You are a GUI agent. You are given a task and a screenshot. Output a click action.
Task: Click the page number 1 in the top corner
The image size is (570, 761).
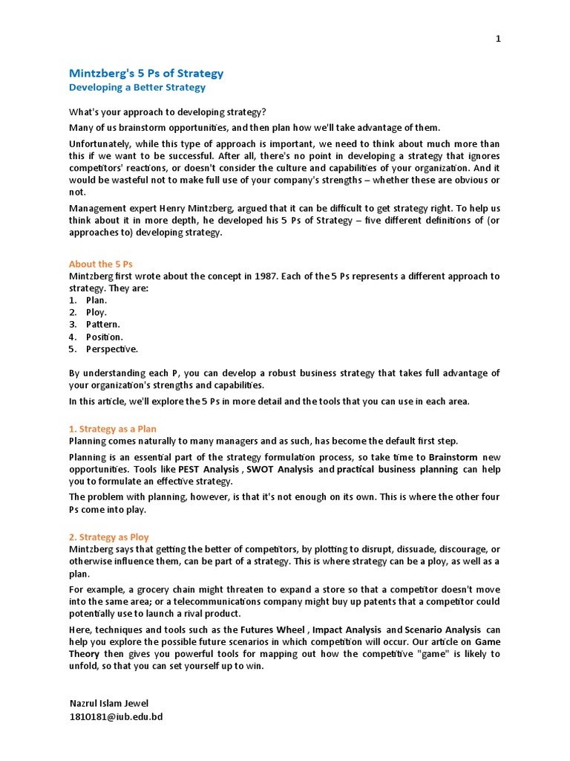point(499,39)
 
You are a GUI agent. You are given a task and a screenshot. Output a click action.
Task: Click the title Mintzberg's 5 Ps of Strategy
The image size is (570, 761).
point(145,74)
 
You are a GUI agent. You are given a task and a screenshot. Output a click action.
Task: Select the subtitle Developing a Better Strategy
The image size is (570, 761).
point(137,88)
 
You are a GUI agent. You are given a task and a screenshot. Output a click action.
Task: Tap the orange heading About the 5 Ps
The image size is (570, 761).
point(100,264)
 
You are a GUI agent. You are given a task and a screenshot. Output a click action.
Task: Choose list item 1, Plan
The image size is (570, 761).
point(96,300)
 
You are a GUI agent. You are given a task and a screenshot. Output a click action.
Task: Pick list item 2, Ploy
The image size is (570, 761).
point(96,312)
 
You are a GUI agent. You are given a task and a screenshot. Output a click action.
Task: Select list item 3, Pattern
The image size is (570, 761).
point(102,324)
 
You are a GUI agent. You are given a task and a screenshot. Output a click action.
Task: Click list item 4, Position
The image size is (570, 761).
point(104,337)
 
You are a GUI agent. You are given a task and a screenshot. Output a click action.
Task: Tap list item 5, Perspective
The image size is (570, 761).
point(111,349)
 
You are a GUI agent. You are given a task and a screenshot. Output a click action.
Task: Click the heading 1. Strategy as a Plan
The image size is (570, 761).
point(113,429)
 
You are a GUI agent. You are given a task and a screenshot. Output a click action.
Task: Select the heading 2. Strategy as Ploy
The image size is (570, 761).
point(108,537)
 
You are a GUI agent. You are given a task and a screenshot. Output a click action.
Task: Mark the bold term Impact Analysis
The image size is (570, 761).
point(349,629)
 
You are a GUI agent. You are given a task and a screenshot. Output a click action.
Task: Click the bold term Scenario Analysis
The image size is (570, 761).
point(444,629)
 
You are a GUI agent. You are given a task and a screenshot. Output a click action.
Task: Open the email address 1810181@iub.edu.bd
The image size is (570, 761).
point(116,716)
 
